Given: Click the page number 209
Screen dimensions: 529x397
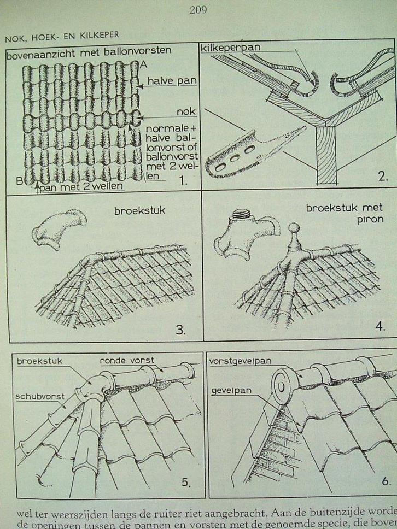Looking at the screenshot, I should point(198,9).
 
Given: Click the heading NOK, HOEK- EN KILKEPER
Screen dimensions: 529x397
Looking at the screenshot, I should point(62,36).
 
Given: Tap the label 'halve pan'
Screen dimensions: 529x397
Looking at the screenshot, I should point(172,81).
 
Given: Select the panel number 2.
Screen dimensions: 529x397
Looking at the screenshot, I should point(382,177).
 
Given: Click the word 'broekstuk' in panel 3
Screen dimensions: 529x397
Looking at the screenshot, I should point(133,210).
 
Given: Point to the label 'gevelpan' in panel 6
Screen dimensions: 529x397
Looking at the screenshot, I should point(229,391).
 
